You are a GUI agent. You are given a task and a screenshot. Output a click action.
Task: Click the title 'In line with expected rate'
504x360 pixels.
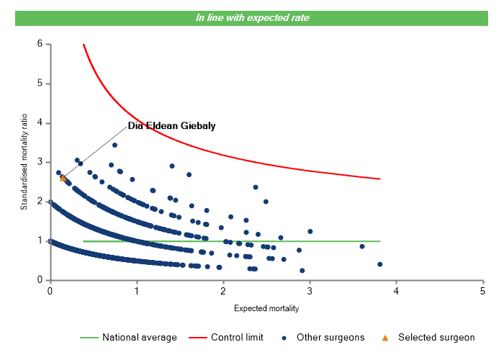pos(253,18)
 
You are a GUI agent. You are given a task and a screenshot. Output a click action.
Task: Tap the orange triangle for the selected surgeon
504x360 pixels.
pos(63,177)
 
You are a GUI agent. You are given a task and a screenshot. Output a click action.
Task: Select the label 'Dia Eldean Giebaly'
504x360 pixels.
pos(171,126)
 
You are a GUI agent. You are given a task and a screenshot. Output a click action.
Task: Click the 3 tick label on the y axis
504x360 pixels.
pos(40,162)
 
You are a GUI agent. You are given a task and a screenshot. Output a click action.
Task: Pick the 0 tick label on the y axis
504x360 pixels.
pos(40,280)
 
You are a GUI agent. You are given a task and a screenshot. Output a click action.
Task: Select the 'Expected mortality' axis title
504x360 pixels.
pos(266,309)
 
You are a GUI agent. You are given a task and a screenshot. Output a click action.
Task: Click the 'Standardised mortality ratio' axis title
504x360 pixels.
pos(24,162)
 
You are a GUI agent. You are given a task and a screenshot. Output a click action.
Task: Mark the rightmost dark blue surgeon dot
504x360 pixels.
pos(379,264)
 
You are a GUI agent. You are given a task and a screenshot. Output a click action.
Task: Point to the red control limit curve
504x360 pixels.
pos(216,143)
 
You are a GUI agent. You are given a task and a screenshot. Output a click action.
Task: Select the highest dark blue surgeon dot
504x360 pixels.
pos(114,145)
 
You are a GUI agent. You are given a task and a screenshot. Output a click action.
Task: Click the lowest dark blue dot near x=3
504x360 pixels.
pos(302,271)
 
